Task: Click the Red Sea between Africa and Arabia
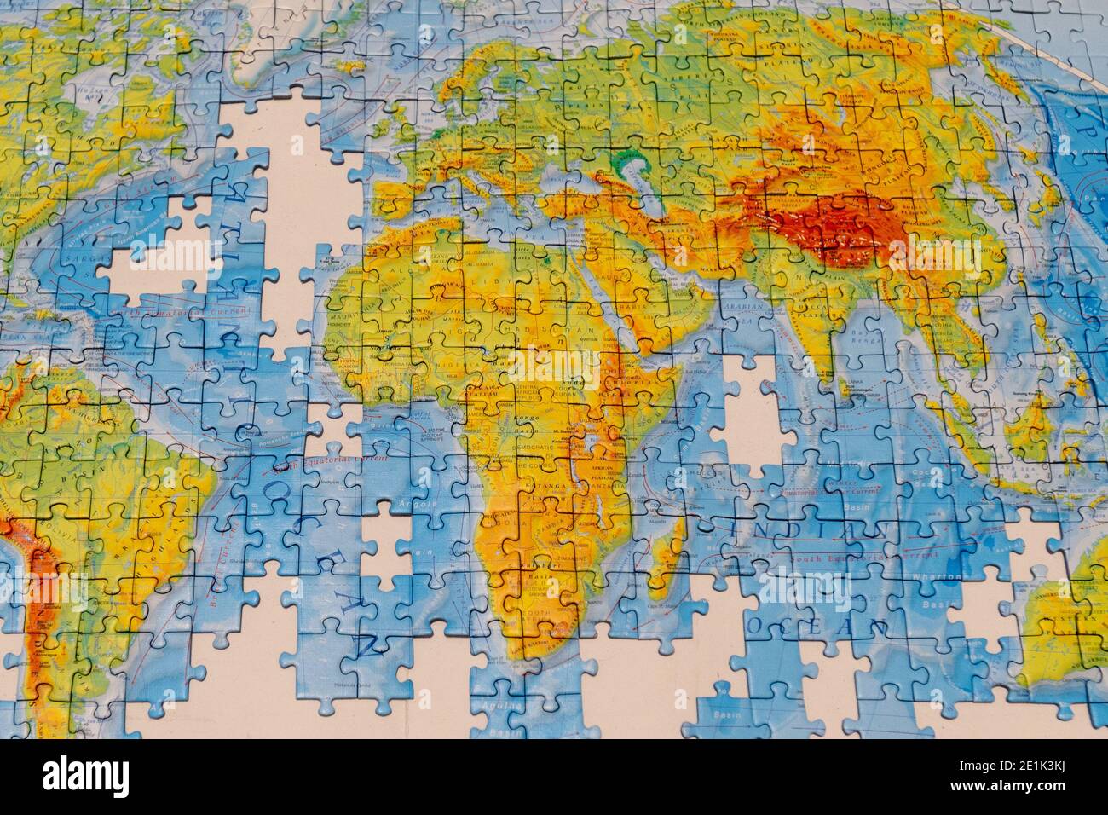[614, 332]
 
